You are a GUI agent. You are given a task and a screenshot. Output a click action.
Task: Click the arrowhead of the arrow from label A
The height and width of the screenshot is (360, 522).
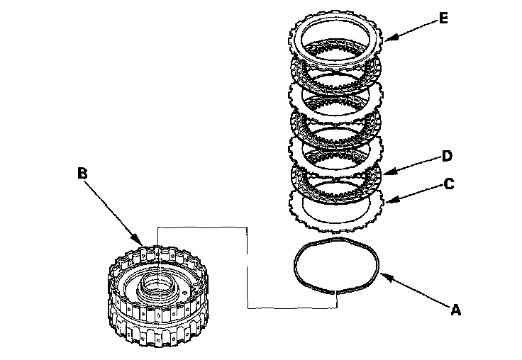382,275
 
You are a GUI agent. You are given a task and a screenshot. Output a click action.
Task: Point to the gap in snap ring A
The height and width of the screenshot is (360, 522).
334,290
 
